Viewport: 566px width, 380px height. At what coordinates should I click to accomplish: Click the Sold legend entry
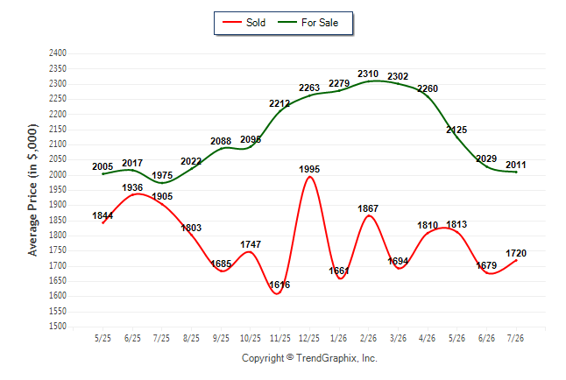pyautogui.click(x=244, y=23)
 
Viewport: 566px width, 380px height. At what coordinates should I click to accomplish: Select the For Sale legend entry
pyautogui.click(x=308, y=23)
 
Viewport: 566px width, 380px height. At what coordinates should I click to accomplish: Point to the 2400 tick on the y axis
pyautogui.click(x=58, y=53)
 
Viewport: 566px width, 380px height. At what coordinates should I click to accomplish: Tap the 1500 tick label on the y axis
pyautogui.click(x=58, y=327)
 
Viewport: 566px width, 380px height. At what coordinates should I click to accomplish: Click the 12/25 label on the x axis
pyautogui.click(x=309, y=338)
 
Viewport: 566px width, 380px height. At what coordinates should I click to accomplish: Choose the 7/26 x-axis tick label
pyautogui.click(x=515, y=338)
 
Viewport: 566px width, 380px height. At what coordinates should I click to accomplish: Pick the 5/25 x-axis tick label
pyautogui.click(x=103, y=338)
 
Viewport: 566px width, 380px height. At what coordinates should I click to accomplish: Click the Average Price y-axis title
pyautogui.click(x=32, y=190)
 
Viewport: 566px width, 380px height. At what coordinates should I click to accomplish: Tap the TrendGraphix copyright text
pyautogui.click(x=309, y=358)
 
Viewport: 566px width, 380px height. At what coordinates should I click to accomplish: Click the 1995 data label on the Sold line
pyautogui.click(x=309, y=169)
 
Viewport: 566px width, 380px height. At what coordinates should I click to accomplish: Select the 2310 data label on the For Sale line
pyautogui.click(x=368, y=74)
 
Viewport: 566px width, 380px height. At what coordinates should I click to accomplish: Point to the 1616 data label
pyautogui.click(x=279, y=285)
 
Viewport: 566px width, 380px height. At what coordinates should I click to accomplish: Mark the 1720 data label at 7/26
pyautogui.click(x=516, y=253)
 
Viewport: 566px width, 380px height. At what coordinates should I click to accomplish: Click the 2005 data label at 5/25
pyautogui.click(x=103, y=166)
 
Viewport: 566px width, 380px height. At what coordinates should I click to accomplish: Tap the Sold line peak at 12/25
pyautogui.click(x=309, y=177)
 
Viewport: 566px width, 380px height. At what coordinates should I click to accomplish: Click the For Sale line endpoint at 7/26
pyautogui.click(x=516, y=172)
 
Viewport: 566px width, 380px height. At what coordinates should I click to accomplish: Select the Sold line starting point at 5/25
pyautogui.click(x=103, y=223)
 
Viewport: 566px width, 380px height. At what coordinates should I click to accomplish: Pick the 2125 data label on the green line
pyautogui.click(x=456, y=130)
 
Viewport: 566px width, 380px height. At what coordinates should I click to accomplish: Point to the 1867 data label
pyautogui.click(x=368, y=208)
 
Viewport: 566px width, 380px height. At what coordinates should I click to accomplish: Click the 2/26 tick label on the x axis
pyautogui.click(x=368, y=338)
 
